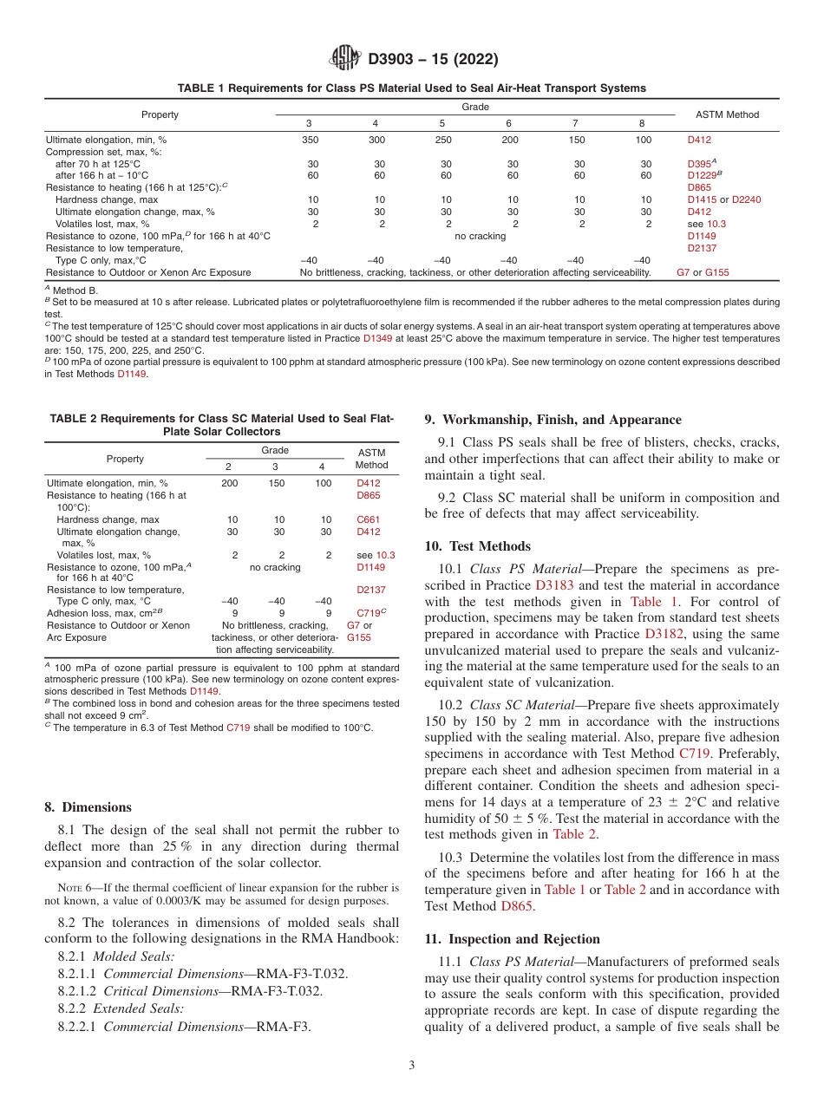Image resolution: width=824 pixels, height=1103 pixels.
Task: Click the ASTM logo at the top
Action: pyautogui.click(x=347, y=60)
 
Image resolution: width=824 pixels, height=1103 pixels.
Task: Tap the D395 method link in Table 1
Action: pyautogui.click(x=698, y=163)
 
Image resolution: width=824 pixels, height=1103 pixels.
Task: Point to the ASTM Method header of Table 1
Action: pyautogui.click(x=727, y=114)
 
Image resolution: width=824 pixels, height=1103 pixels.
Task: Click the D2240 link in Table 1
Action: pyautogui.click(x=746, y=199)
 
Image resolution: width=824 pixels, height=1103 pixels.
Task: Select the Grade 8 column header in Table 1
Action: pyautogui.click(x=642, y=123)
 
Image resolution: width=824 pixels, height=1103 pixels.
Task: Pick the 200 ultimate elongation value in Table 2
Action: pyautogui.click(x=229, y=483)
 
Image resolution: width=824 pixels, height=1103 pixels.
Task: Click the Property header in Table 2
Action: pyautogui.click(x=125, y=459)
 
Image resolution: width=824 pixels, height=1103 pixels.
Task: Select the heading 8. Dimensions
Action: pyautogui.click(x=88, y=806)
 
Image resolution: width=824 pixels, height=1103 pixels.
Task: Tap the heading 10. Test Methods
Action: pyautogui.click(x=477, y=546)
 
